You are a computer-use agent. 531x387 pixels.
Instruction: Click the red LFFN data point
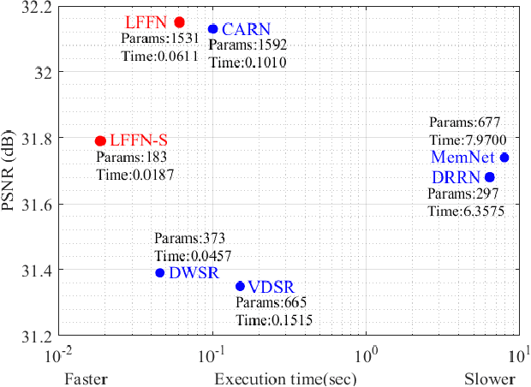tap(179, 22)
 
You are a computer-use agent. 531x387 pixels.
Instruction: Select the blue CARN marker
tap(212, 29)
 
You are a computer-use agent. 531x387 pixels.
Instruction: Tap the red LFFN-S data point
tap(100, 140)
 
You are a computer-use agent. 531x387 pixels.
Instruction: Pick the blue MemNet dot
tap(504, 158)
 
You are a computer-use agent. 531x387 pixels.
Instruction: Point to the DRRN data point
tap(490, 177)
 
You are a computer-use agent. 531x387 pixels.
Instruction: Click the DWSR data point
tap(159, 273)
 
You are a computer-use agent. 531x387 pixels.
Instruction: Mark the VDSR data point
tap(240, 286)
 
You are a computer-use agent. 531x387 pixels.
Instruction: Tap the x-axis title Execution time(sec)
tap(285, 378)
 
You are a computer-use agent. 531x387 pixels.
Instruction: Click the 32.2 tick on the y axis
tap(36, 7)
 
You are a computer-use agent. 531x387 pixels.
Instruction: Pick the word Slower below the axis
tap(491, 378)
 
